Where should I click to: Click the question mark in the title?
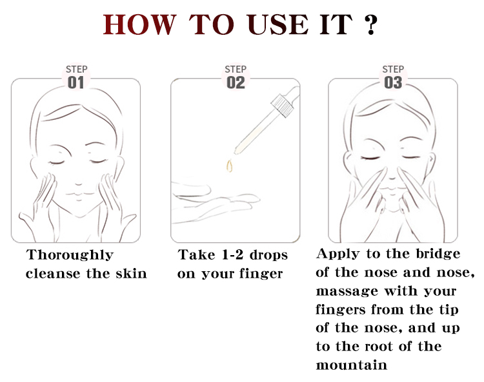pos(370,24)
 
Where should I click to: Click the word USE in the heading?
pos(277,24)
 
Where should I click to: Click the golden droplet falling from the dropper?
pos(229,166)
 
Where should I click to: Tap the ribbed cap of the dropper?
pos(282,106)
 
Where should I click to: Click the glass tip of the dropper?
pos(237,149)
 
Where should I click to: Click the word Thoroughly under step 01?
pos(70,255)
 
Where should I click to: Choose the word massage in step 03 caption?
pos(347,291)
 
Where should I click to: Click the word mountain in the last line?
pos(351,365)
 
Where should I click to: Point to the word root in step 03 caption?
pos(379,347)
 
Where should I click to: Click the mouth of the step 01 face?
pos(79,194)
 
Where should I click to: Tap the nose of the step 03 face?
pos(392,176)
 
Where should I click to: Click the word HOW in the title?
pos(139,24)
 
